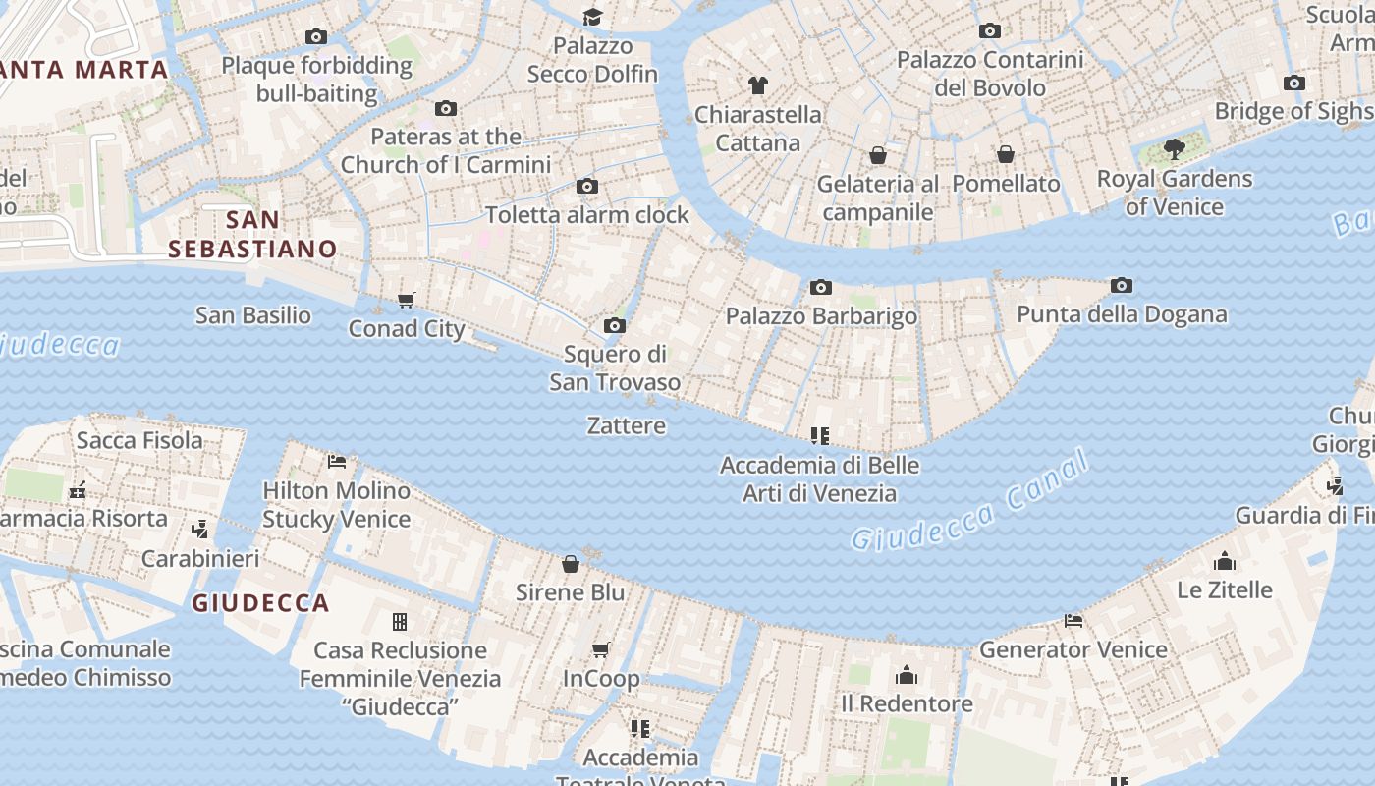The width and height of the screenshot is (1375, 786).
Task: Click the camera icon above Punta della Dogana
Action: [1122, 286]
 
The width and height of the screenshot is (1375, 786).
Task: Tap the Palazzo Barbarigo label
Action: [821, 316]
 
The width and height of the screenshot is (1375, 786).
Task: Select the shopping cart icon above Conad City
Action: [407, 300]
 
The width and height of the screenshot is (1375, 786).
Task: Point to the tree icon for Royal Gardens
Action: [1174, 149]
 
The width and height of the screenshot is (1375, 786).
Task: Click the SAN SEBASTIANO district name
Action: [252, 234]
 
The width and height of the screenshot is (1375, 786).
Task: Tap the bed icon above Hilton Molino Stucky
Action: [337, 461]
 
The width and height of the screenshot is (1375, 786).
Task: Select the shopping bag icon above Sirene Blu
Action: [571, 564]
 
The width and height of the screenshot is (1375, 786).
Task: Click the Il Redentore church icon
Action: [907, 675]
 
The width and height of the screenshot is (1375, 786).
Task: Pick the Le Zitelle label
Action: [1225, 589]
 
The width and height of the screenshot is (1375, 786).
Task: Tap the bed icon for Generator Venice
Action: [1073, 621]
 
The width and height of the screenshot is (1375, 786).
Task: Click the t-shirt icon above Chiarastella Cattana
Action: [757, 85]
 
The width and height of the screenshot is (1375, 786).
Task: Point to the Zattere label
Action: [626, 425]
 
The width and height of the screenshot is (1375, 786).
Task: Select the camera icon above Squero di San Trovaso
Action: [615, 325]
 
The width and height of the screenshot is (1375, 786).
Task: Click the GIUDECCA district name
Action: [260, 603]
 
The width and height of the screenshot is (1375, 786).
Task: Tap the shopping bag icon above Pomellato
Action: [1006, 154]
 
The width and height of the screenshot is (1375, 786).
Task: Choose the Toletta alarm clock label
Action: [587, 214]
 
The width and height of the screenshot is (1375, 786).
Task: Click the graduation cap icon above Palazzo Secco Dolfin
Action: [592, 17]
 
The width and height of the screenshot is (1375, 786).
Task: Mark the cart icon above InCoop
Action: [601, 649]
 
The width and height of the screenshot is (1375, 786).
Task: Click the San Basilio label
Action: [252, 315]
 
